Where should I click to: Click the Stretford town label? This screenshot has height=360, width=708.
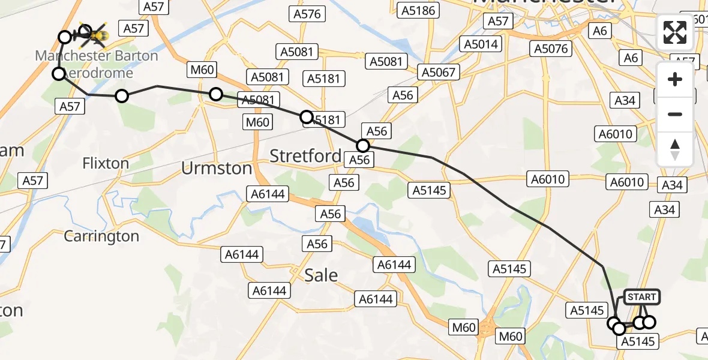[305, 156]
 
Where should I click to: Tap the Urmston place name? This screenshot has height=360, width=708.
[217, 169]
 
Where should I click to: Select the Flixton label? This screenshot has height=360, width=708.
[106, 163]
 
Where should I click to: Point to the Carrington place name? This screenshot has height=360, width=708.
[101, 236]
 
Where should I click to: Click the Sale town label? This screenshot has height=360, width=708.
[321, 275]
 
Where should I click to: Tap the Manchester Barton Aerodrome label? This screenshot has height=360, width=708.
[97, 64]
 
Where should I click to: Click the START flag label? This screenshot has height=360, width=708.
[641, 297]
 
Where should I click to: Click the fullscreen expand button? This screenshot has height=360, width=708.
[675, 32]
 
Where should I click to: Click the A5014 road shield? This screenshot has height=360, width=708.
[481, 44]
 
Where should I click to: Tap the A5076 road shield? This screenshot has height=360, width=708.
[551, 49]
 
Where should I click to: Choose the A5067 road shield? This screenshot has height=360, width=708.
[439, 73]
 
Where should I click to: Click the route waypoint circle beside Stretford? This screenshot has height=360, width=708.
[363, 146]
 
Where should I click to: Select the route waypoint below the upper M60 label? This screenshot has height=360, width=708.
[215, 94]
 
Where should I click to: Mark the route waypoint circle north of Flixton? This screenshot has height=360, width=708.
[122, 96]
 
